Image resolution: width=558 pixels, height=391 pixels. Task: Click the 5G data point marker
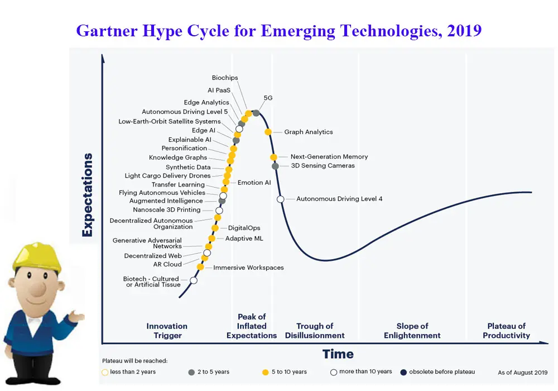click(256, 113)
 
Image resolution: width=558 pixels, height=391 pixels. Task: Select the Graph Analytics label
click(308, 132)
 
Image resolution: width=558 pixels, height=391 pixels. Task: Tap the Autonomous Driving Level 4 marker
click(281, 199)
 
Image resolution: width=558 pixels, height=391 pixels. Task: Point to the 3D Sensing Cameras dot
click(275, 166)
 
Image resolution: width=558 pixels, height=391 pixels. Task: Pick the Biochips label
click(225, 78)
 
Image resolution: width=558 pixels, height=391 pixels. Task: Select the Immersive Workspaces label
click(248, 268)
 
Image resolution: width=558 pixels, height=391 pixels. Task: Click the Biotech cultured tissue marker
click(194, 280)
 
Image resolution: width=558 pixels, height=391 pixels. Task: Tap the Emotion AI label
click(254, 183)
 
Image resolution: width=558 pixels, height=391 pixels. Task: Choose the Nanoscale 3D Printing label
click(166, 210)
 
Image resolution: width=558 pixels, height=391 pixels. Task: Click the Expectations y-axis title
click(88, 195)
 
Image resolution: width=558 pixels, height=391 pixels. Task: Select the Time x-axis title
click(338, 354)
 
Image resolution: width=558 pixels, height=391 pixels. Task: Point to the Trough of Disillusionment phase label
click(315, 331)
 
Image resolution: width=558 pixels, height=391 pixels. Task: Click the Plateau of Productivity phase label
click(506, 331)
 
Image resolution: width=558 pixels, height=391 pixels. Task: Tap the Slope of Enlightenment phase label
click(412, 331)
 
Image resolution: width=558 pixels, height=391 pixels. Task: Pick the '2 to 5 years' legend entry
click(212, 372)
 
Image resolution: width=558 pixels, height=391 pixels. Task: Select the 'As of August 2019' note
click(522, 373)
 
